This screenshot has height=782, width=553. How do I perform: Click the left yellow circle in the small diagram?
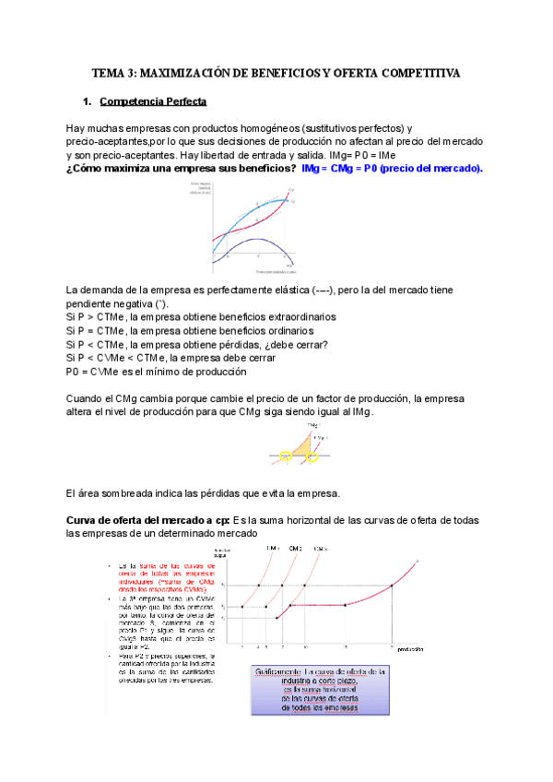[x=287, y=456]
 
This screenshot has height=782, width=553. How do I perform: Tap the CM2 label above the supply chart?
[x=295, y=549]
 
